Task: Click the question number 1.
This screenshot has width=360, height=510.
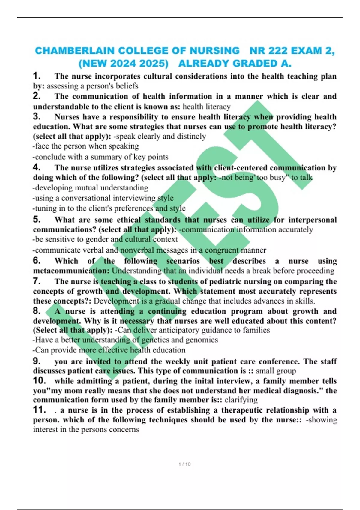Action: click(36, 76)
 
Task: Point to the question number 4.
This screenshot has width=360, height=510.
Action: click(36, 167)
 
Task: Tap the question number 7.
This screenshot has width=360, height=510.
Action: click(36, 281)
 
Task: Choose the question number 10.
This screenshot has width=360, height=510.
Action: click(39, 381)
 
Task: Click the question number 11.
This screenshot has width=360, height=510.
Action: click(39, 409)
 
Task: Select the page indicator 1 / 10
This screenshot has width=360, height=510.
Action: click(184, 464)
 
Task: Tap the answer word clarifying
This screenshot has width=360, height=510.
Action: click(241, 400)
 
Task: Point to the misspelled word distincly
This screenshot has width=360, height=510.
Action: click(191, 136)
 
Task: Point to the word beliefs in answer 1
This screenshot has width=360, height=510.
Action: click(127, 86)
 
